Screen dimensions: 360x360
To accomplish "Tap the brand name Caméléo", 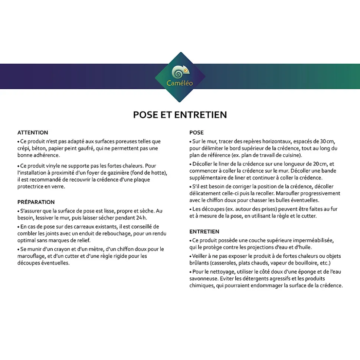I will click(x=180, y=83).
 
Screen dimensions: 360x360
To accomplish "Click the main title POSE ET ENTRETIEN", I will click(x=180, y=115).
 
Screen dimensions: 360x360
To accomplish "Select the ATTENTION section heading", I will click(x=33, y=132).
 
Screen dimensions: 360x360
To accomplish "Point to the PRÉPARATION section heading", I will click(x=36, y=202).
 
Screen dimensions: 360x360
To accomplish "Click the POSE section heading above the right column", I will click(x=196, y=132).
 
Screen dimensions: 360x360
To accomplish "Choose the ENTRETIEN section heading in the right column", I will click(x=204, y=231).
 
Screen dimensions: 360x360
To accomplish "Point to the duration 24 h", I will click(x=139, y=218).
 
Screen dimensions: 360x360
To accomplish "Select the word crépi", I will click(x=24, y=148).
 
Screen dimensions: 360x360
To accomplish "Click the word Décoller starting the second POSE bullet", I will click(x=203, y=164).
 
